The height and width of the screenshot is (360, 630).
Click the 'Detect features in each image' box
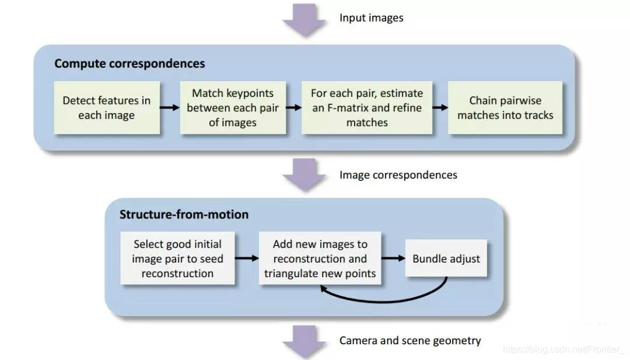coord(106,108)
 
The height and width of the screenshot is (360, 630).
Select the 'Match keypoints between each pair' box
coord(233,108)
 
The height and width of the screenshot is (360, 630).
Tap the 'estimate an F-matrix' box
coord(366,108)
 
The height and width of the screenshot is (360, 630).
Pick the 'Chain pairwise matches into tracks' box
coord(505,108)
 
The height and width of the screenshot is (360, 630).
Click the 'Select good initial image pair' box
coord(177,258)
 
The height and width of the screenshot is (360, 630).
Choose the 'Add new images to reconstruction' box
coord(320,258)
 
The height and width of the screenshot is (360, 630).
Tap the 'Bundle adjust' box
coord(446,258)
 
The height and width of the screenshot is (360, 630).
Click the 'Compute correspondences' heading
coord(129,64)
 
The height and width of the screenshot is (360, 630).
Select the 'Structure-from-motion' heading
coord(184,214)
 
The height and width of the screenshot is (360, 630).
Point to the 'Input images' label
coord(371,18)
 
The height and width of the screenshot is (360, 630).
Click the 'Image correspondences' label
coord(398,175)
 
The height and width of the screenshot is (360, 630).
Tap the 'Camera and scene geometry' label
coord(410,340)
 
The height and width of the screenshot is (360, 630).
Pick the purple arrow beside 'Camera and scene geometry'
coord(304,341)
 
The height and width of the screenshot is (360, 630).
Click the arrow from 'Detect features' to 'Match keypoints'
coord(170,107)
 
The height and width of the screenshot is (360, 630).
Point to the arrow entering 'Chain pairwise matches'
coord(440,107)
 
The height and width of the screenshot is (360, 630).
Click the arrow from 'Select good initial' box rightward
coord(246,258)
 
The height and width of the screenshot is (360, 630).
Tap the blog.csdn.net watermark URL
coord(563,349)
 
